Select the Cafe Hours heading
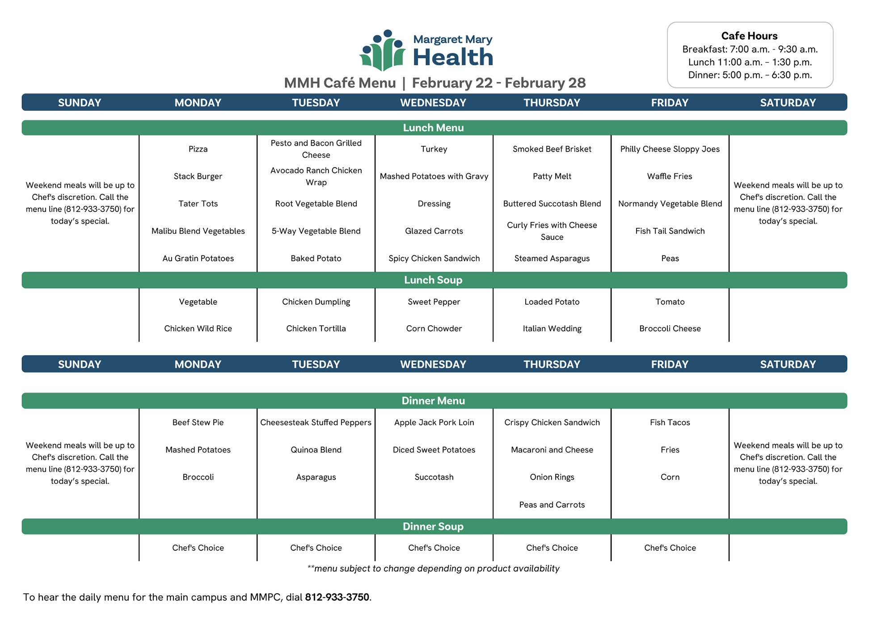[x=749, y=36]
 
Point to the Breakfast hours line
[x=750, y=49]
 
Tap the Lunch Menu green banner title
[x=433, y=128]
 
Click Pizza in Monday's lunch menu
[x=198, y=149]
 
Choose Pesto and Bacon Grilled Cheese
[x=316, y=149]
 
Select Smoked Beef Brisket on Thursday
[x=552, y=149]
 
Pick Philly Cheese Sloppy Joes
[x=670, y=149]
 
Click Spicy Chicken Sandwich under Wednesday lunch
[x=434, y=259]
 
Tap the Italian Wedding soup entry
[x=552, y=329]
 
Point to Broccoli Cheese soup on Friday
[x=670, y=329]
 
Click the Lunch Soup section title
[x=433, y=280]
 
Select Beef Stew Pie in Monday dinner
[x=198, y=423]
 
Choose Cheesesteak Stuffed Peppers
[x=316, y=423]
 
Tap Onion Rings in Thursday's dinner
[x=552, y=477]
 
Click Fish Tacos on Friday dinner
[x=670, y=423]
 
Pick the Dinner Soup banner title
[x=433, y=527]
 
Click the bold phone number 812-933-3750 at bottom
[x=337, y=597]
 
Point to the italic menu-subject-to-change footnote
[x=433, y=569]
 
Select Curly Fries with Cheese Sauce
[x=552, y=231]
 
